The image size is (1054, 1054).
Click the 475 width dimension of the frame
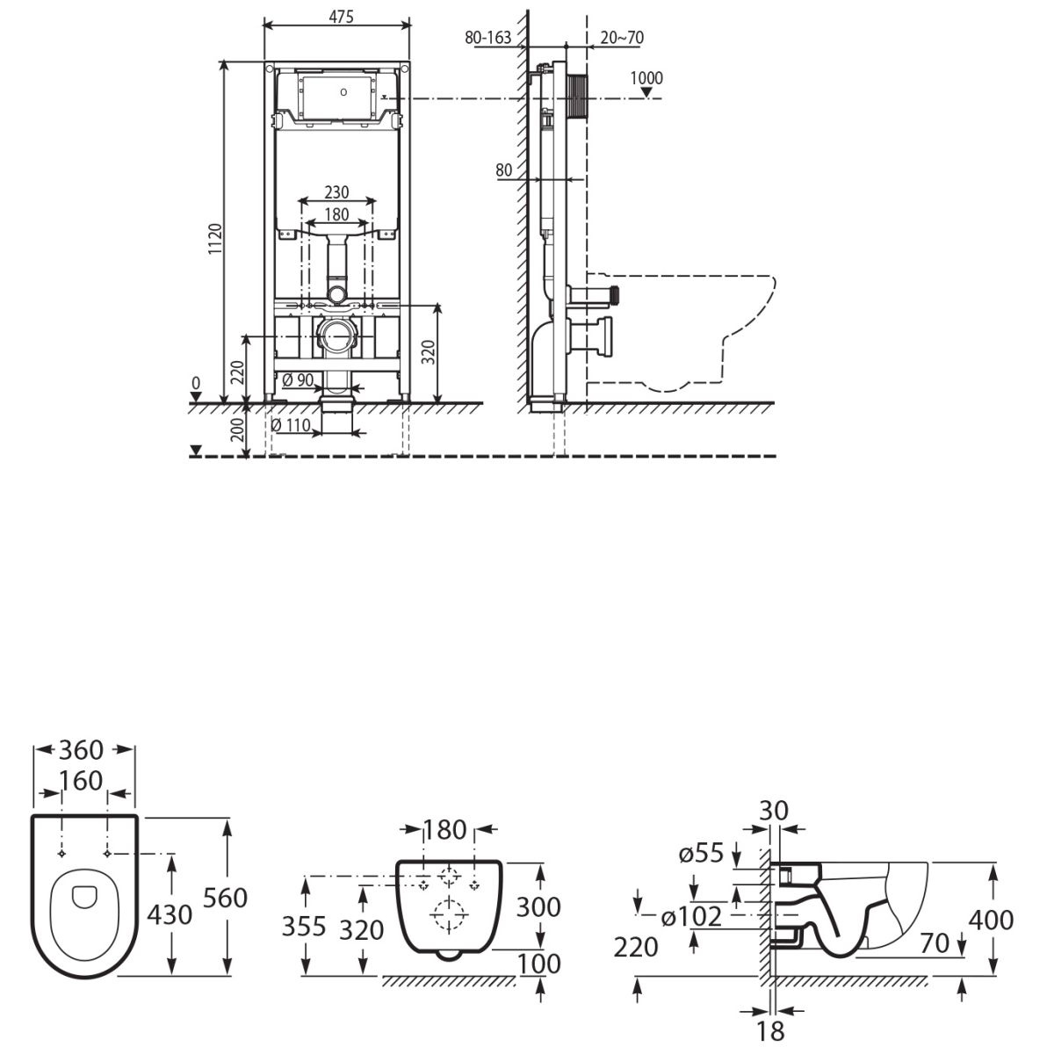pyautogui.click(x=337, y=18)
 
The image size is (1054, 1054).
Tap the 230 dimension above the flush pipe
pyautogui.click(x=336, y=191)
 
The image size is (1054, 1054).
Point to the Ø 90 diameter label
pyautogui.click(x=298, y=380)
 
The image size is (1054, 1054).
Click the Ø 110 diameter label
pyautogui.click(x=292, y=425)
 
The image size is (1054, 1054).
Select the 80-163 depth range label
pyautogui.click(x=488, y=38)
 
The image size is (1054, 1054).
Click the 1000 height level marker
pyautogui.click(x=646, y=78)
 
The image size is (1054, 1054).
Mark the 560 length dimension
pyautogui.click(x=225, y=898)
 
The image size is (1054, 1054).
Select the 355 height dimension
pyautogui.click(x=304, y=925)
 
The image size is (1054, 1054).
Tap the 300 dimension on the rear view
pyautogui.click(x=538, y=906)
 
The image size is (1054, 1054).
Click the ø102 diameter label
pyautogui.click(x=691, y=917)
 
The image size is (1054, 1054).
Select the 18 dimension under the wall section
pyautogui.click(x=771, y=1029)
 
